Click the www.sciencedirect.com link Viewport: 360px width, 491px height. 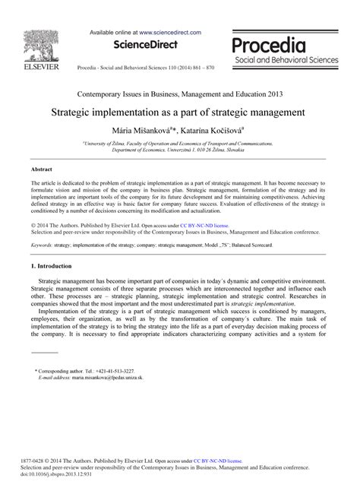click(x=169, y=33)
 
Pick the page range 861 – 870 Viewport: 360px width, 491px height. click(x=196, y=67)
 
